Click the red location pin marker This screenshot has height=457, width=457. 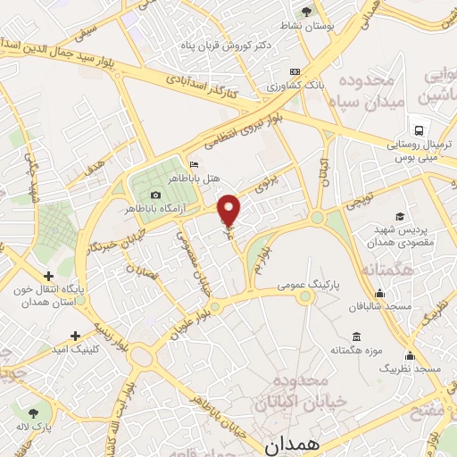[x=230, y=209]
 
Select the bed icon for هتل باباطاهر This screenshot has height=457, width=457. [x=195, y=165]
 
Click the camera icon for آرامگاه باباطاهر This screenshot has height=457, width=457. [x=156, y=195]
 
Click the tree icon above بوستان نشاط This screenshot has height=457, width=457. [x=306, y=12]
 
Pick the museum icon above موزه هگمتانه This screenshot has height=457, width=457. [x=357, y=337]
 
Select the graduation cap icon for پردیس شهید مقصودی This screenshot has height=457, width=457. [x=400, y=217]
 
